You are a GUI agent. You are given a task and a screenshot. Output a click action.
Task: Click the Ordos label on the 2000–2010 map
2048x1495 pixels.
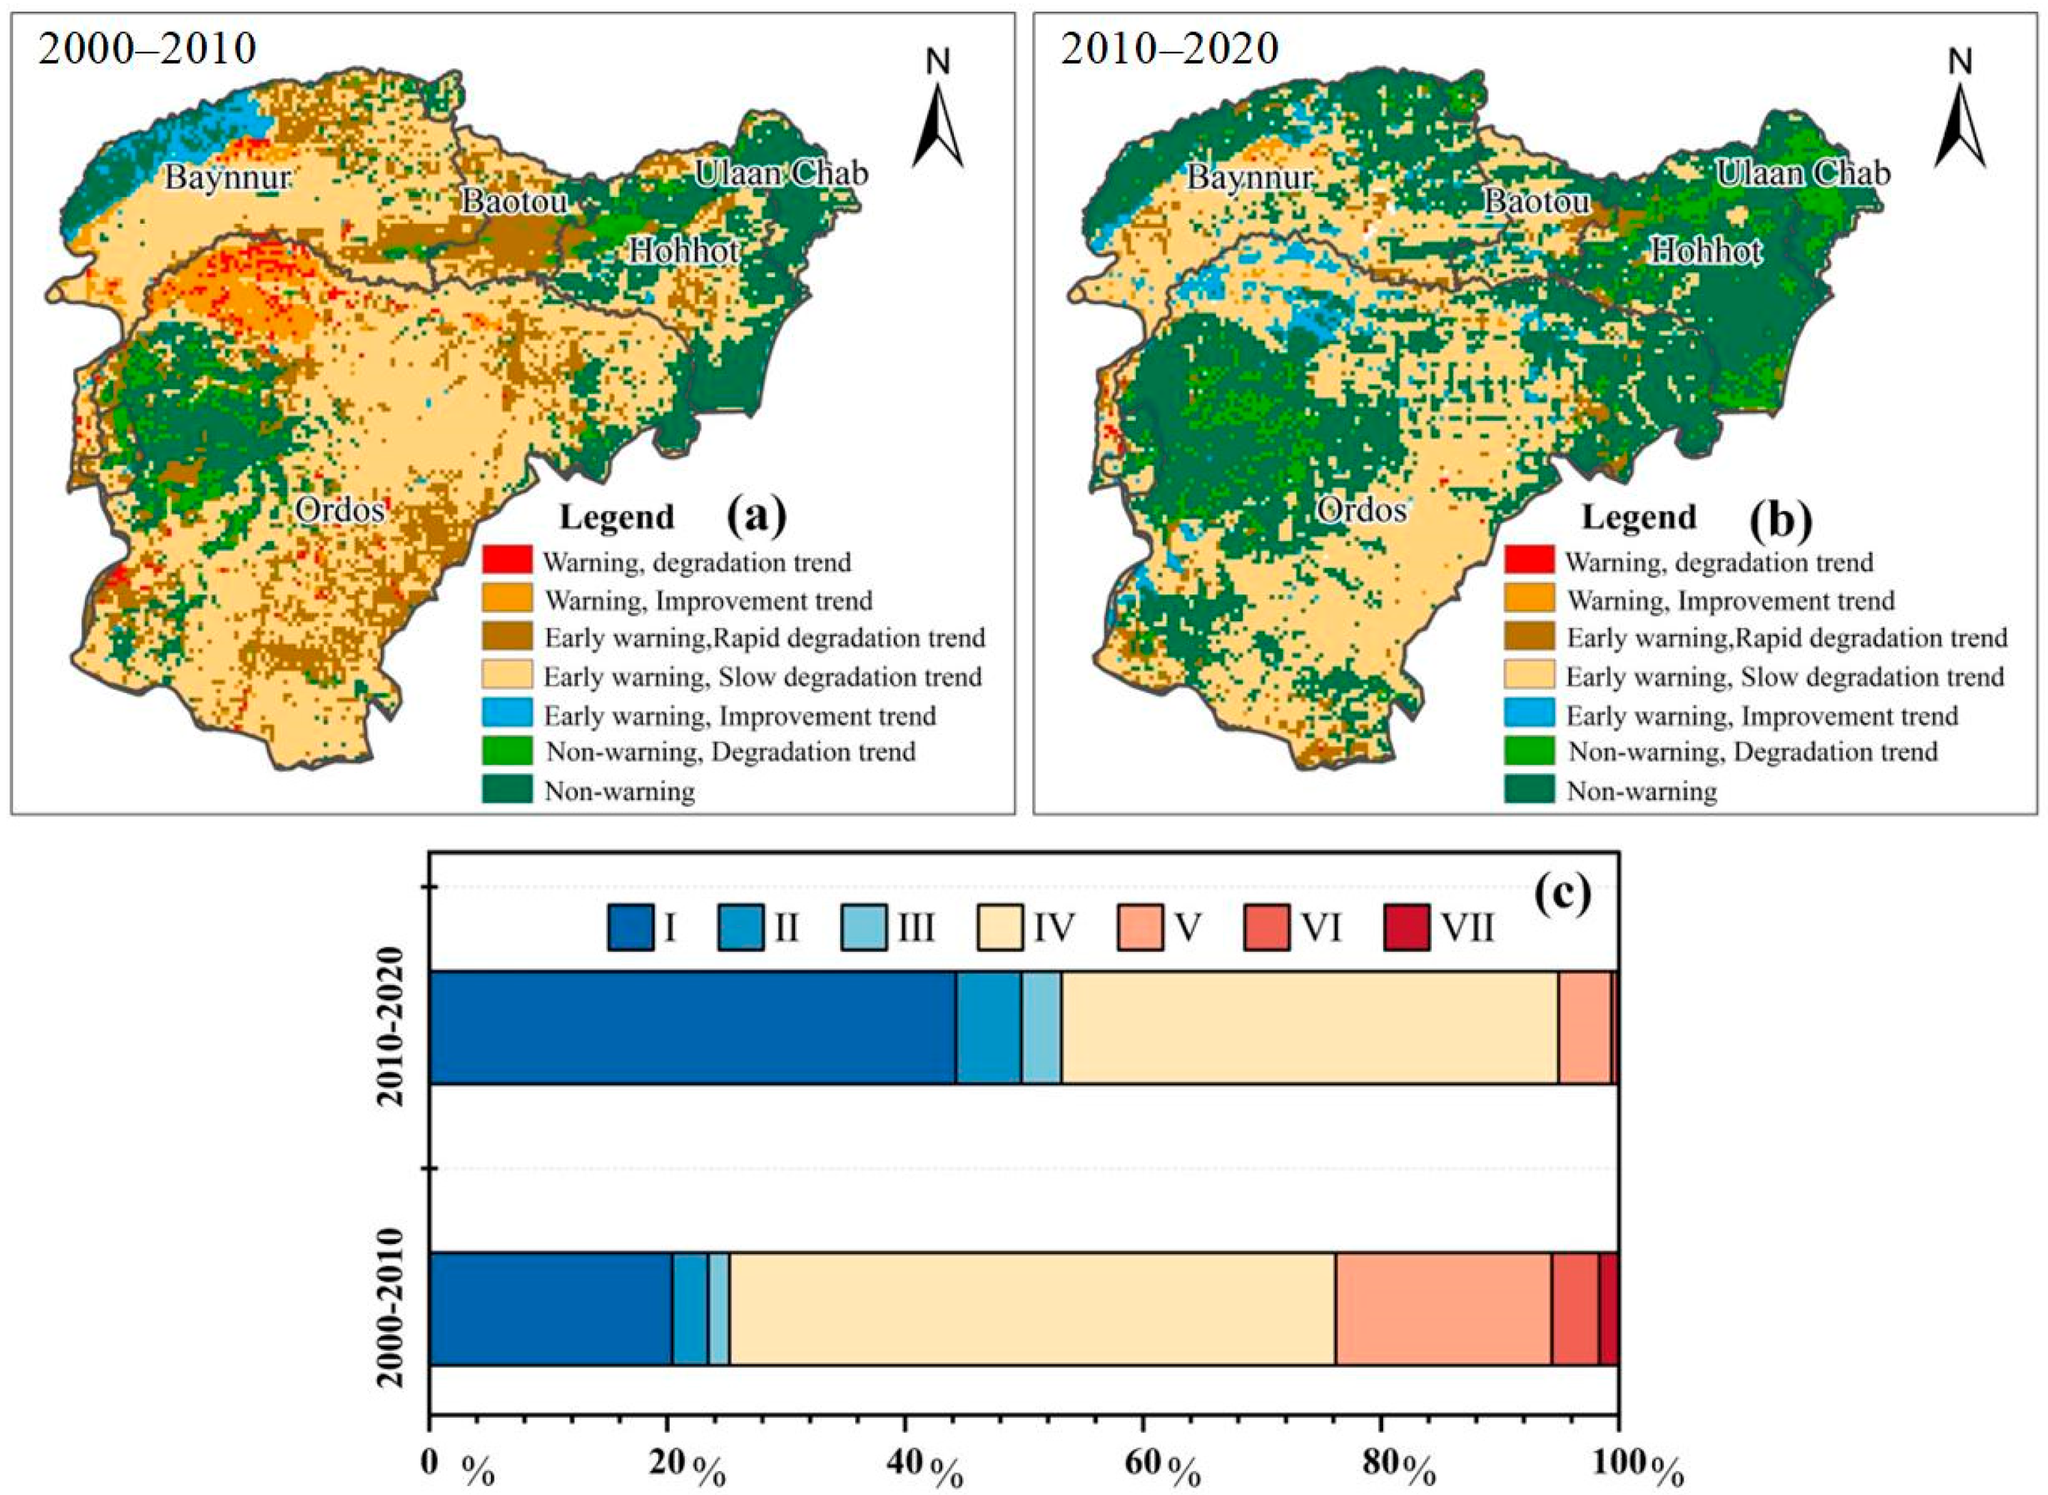click(340, 510)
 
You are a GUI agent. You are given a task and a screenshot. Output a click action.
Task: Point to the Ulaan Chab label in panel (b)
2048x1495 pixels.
click(1804, 173)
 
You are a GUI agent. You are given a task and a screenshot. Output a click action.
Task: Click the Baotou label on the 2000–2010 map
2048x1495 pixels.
click(514, 201)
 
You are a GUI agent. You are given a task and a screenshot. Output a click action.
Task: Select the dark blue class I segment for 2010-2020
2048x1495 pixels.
click(693, 1027)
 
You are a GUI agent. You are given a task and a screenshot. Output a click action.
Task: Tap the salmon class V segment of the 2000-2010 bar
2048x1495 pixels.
click(1443, 1309)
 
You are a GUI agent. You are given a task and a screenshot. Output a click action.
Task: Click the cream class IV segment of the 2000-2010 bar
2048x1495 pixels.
click(1032, 1309)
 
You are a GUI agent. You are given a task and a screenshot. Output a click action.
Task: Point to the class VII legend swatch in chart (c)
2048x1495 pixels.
click(1406, 928)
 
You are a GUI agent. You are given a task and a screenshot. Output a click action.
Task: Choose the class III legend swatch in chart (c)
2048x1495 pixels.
click(863, 928)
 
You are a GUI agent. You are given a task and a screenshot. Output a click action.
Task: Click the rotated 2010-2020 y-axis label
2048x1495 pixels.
click(391, 1027)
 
